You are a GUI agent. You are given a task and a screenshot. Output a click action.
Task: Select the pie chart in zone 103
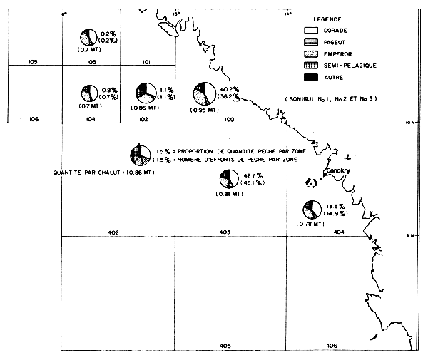tap(88, 37)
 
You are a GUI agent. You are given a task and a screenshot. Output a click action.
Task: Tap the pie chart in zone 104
tap(88, 93)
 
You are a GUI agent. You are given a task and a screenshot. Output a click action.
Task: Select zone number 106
tap(33, 119)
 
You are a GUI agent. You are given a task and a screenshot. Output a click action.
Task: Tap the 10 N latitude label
tap(409, 123)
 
